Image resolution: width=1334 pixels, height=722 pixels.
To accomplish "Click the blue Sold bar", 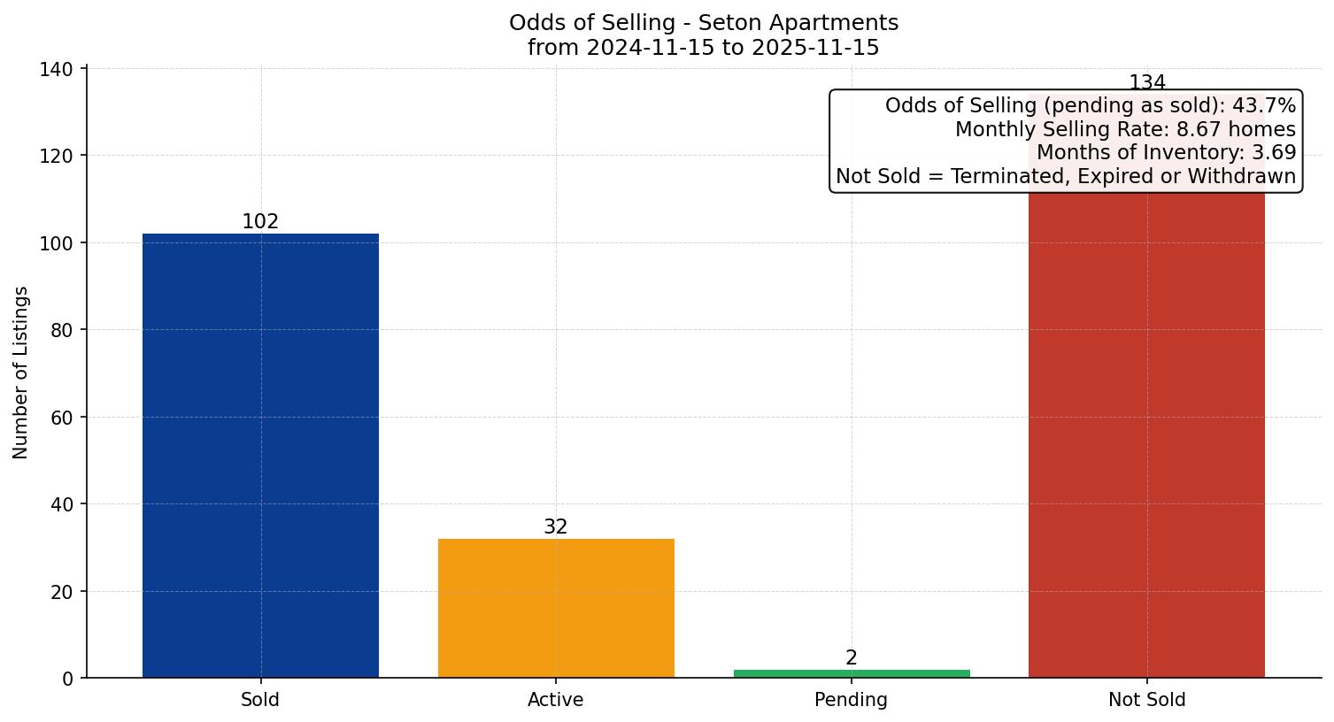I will pos(260,456).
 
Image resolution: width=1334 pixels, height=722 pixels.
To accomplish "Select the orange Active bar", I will pos(556,608).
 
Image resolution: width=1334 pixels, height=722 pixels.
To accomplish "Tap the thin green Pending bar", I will pos(852,673).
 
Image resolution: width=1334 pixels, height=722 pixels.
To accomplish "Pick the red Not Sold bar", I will pos(1146,434).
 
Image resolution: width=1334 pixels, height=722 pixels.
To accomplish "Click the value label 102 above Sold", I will pos(260,222).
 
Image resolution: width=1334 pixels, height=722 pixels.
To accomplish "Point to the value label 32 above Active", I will pos(556,527).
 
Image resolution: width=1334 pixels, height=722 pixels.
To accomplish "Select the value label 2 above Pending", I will pos(852,658).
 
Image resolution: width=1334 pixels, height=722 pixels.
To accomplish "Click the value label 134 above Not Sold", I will pos(1147,83).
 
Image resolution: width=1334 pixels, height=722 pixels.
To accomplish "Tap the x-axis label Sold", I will pos(260,700).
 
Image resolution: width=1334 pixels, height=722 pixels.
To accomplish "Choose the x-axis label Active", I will pos(556,700).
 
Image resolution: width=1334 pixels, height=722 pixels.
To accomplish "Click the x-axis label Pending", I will pos(852,700).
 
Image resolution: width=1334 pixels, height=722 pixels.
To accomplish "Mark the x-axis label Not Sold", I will pos(1147,700).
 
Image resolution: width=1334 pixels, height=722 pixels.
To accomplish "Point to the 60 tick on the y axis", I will pos(62,417).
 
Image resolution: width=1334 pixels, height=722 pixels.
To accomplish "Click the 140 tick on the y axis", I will pos(57,69).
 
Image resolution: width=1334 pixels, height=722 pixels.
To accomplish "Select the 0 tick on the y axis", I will pos(68,679).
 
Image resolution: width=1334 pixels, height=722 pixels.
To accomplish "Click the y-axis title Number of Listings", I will pos(21,373).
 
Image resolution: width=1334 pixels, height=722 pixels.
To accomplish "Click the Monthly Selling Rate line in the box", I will pos(1125,130).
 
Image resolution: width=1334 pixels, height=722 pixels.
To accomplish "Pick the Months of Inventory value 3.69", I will pos(1274,153).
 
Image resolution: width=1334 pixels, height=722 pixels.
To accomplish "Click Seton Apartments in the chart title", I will pos(798,23).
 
